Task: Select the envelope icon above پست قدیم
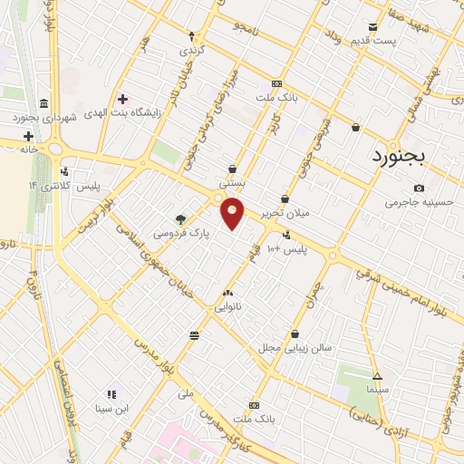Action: click(x=373, y=27)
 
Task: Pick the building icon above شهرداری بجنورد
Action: click(x=43, y=102)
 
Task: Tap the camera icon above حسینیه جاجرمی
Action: click(x=418, y=188)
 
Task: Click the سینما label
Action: click(x=378, y=388)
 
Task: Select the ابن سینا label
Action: click(x=112, y=409)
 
